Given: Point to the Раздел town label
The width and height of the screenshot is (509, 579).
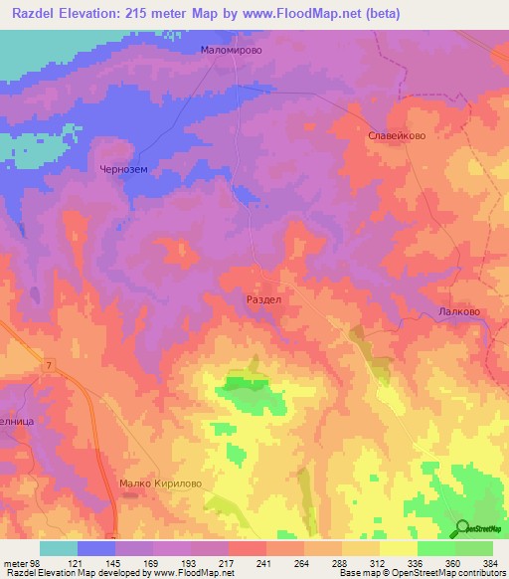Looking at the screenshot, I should click(262, 298).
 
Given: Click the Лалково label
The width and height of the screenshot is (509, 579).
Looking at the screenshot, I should click(458, 311).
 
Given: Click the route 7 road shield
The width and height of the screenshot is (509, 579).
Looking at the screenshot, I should click(48, 367).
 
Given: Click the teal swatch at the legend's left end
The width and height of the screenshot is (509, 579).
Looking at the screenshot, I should click(59, 548).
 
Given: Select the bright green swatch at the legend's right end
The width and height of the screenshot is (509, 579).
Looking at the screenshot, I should click(473, 548).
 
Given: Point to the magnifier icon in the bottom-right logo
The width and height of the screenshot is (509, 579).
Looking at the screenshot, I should click(460, 528).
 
